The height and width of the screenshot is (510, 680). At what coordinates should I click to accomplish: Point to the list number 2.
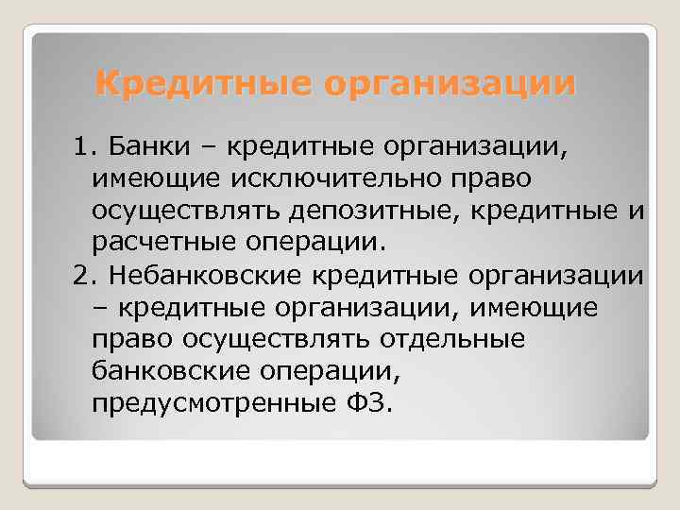coord(82,275)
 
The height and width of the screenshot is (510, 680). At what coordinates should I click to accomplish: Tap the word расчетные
coord(166,243)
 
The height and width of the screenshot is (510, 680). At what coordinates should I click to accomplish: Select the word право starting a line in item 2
coord(128,339)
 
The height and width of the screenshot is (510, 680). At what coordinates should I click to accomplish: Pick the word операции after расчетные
coord(316,243)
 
